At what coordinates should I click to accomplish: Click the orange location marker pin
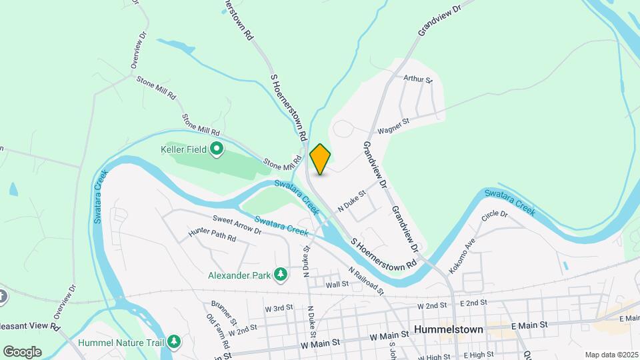(320, 159)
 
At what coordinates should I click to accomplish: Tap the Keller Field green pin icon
(217, 149)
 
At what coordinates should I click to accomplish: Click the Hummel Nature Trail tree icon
(174, 342)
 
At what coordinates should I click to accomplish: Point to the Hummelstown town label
(447, 329)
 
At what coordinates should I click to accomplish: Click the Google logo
(22, 351)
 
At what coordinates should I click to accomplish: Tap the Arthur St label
(418, 79)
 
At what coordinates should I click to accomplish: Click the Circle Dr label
(495, 215)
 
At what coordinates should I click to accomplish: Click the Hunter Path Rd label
(212, 235)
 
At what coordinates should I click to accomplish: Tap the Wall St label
(337, 284)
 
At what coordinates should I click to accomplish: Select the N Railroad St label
(366, 281)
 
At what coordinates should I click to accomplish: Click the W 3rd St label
(279, 309)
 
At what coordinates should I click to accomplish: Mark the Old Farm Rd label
(218, 331)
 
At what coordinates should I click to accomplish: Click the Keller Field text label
(184, 150)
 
